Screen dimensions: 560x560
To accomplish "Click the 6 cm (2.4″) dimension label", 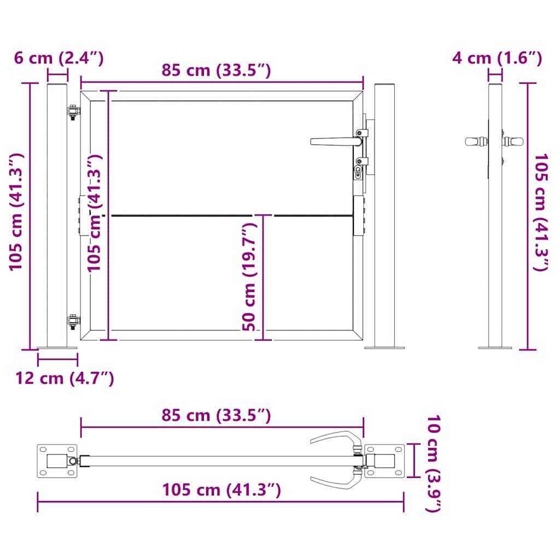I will click(59, 57).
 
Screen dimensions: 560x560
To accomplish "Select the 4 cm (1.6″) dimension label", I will click(497, 57).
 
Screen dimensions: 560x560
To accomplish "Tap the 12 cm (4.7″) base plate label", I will click(65, 378).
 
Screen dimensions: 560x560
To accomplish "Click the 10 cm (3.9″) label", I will click(432, 464).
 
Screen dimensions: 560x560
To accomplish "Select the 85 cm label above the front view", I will click(216, 70).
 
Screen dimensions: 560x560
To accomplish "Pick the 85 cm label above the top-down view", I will click(216, 416).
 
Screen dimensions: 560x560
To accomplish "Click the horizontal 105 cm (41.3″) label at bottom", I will click(221, 490).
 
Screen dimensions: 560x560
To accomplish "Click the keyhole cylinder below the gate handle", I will click(359, 172).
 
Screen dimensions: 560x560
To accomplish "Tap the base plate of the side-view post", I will click(495, 347).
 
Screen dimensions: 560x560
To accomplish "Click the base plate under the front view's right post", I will click(384, 347).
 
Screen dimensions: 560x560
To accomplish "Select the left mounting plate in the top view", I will click(56, 460).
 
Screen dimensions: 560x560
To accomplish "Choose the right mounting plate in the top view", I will click(385, 460).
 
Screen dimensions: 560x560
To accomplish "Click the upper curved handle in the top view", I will click(335, 438).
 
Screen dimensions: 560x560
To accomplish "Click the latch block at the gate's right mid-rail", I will click(359, 216).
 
